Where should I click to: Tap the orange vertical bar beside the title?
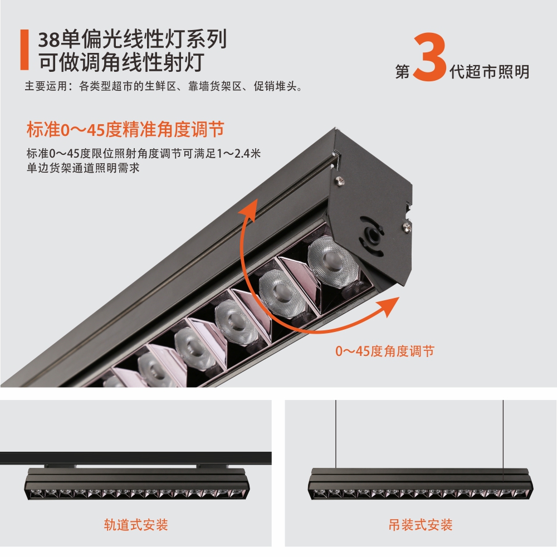tap(24, 51)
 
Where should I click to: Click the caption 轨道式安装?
tap(136, 525)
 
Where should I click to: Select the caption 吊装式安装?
tap(421, 525)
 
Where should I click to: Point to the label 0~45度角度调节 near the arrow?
tap(384, 351)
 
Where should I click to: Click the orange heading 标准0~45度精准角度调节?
tap(125, 130)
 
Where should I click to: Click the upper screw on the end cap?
tap(338, 179)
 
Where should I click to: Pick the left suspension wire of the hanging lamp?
tap(336, 434)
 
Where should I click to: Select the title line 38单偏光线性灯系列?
tap(132, 40)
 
